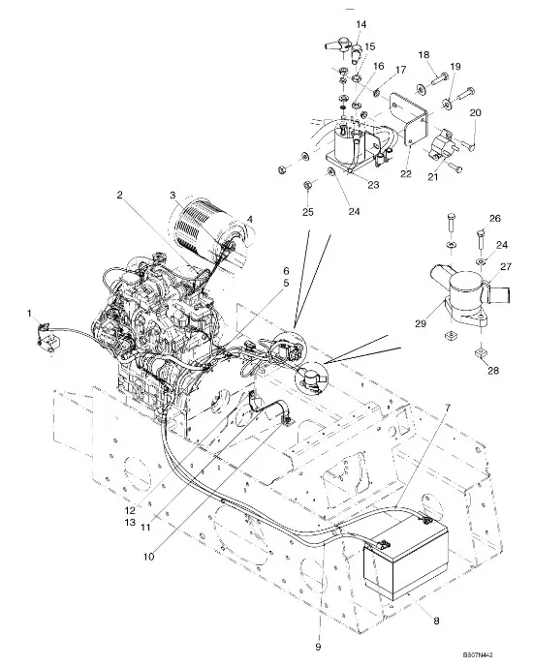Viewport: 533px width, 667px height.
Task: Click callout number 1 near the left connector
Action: (x=29, y=314)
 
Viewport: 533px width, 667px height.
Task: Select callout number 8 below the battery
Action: (x=436, y=621)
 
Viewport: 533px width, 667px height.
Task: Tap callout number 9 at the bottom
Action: (x=318, y=647)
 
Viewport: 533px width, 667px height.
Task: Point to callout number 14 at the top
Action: (x=361, y=24)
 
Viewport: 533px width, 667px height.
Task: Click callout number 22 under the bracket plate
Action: (x=406, y=174)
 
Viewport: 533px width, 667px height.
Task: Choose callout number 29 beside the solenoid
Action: (x=421, y=323)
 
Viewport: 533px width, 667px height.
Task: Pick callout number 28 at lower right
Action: (x=493, y=371)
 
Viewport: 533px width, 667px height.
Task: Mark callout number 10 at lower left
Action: (x=148, y=556)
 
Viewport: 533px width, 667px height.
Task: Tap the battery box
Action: (x=406, y=561)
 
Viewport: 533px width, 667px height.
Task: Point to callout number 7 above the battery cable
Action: (x=447, y=408)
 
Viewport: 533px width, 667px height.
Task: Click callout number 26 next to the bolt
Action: (x=494, y=218)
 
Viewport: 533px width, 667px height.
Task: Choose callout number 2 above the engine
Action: (x=119, y=195)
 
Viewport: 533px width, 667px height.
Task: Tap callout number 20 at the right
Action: (x=475, y=112)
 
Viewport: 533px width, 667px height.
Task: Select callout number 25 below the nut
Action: (x=308, y=211)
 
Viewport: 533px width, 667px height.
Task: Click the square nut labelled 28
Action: (x=481, y=352)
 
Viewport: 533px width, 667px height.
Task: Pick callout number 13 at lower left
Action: (x=130, y=522)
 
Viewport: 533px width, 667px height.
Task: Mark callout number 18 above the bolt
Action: (x=423, y=55)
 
